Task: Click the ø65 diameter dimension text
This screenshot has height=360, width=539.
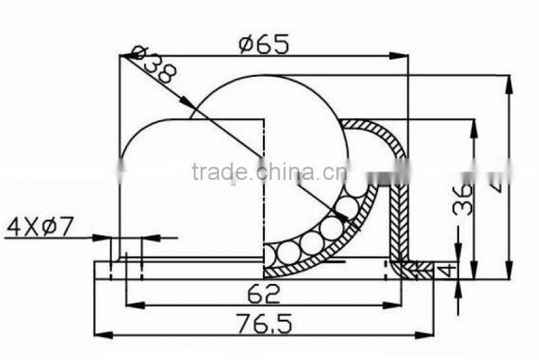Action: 264,44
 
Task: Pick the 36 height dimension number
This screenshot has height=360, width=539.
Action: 463,199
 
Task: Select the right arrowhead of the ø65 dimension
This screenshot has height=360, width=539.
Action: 402,56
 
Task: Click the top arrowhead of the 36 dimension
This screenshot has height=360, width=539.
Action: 474,126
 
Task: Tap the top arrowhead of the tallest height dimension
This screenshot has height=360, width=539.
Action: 508,82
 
